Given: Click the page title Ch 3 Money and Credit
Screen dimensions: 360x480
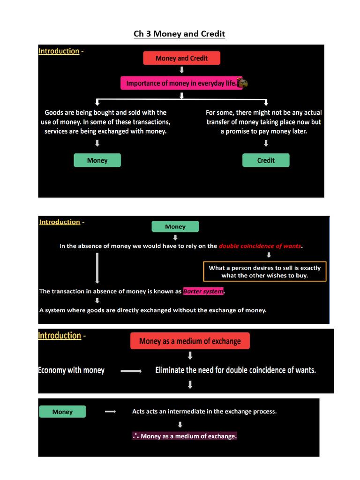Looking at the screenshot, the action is (180, 34).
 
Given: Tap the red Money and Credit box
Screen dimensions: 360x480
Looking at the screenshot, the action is (181, 58).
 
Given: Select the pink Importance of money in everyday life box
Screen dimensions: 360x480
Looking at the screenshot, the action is (181, 83).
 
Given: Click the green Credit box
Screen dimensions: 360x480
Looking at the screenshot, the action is (266, 160).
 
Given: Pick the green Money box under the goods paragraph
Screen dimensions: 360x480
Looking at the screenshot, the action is (97, 160).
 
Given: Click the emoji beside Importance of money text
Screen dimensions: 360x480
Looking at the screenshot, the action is (243, 83).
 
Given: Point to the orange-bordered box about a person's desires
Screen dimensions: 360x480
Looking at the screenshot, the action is (265, 271).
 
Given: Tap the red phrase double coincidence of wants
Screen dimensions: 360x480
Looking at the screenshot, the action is (261, 246).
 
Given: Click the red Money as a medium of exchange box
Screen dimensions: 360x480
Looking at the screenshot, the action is (190, 341).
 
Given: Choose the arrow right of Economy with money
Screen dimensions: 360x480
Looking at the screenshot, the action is (131, 371).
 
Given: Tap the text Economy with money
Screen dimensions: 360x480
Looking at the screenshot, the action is (71, 370).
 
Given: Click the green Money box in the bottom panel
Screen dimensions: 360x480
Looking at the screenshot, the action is (62, 412).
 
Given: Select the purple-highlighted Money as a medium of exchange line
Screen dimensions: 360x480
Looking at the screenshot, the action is (185, 436).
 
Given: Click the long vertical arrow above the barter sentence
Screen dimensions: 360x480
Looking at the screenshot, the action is (97, 268).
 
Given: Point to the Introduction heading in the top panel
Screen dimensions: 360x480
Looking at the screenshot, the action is (59, 51).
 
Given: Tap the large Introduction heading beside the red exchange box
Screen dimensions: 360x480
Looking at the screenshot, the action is (60, 336).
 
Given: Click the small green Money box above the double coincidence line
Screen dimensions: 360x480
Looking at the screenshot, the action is (175, 227).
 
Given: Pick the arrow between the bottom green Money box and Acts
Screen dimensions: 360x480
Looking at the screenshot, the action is (110, 412).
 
